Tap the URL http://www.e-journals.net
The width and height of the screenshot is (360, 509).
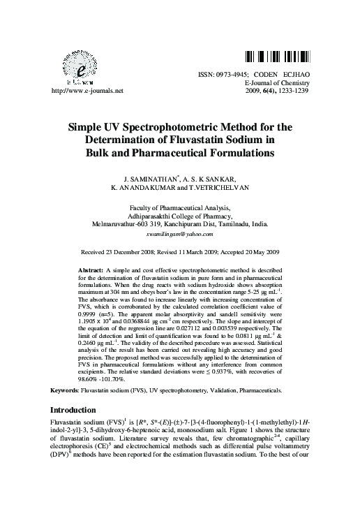[x=83, y=91]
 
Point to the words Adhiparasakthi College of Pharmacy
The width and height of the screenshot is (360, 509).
[x=180, y=216]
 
